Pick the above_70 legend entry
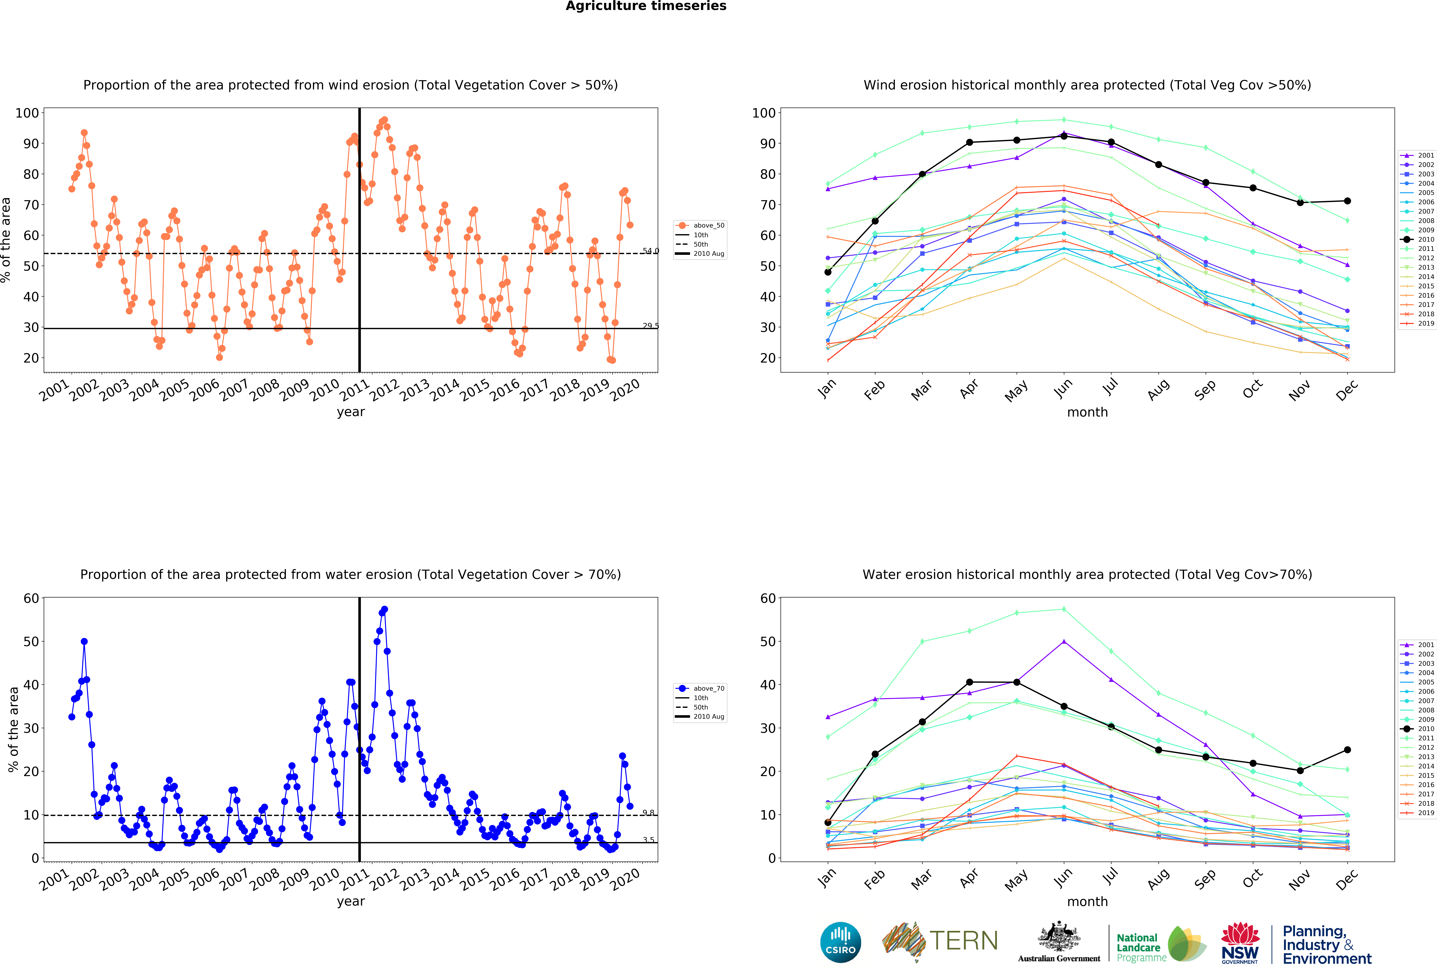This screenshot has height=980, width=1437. point(701,689)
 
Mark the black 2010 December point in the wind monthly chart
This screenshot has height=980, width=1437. point(1347,201)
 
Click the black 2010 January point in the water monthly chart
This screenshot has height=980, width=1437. point(828,822)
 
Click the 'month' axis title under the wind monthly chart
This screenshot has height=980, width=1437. point(1087,412)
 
